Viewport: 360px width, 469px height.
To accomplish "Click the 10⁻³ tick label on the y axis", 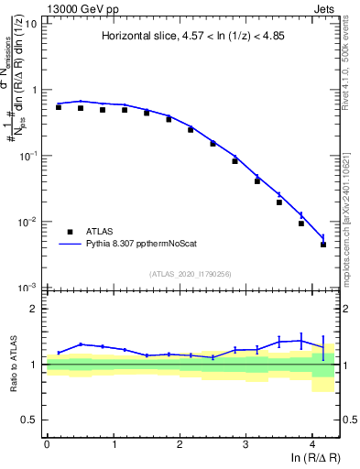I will tap(27, 288).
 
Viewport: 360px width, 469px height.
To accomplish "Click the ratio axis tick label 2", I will tap(34, 309).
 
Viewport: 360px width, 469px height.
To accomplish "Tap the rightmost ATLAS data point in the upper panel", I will tap(323, 245).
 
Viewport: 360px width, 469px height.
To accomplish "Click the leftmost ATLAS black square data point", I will tap(59, 107).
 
